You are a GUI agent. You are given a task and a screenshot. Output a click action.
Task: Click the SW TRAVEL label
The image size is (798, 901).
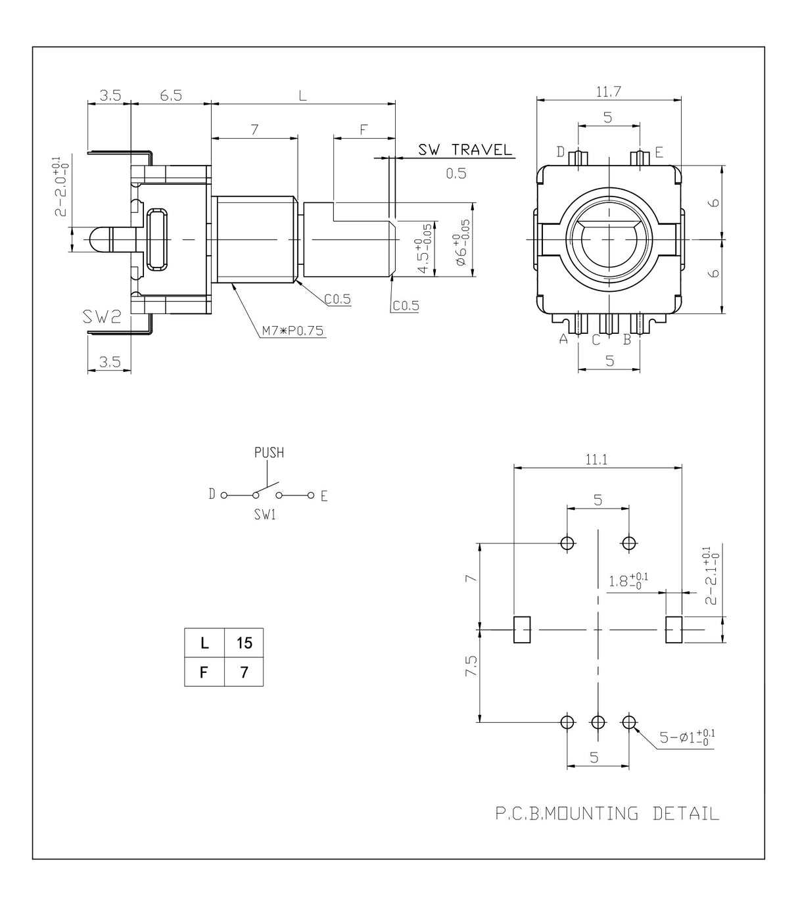(x=465, y=150)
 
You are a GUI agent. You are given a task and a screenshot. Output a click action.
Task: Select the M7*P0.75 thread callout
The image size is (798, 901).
(x=293, y=331)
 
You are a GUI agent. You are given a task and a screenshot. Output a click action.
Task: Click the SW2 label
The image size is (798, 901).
(x=102, y=317)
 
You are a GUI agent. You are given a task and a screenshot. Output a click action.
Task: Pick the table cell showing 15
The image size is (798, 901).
(x=244, y=643)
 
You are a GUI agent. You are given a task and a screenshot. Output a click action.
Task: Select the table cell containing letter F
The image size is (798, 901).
(x=204, y=673)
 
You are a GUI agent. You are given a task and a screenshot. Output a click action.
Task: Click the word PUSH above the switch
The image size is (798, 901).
(x=269, y=453)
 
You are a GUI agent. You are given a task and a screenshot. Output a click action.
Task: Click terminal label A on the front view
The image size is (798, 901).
(x=563, y=339)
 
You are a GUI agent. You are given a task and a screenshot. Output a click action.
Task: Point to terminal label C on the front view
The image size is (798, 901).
(x=596, y=340)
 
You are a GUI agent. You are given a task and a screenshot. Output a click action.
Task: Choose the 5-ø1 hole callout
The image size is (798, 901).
(x=688, y=737)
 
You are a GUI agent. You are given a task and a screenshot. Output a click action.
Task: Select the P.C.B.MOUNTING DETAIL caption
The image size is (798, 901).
(x=607, y=814)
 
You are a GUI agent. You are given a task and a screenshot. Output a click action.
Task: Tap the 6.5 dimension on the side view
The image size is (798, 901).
(x=170, y=95)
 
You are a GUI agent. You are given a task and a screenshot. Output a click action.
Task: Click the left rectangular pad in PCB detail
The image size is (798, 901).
(x=521, y=630)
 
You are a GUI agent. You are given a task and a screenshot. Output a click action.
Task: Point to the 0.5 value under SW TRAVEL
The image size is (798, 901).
(x=456, y=173)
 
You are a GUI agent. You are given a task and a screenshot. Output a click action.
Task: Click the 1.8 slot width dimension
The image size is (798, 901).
(x=628, y=581)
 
